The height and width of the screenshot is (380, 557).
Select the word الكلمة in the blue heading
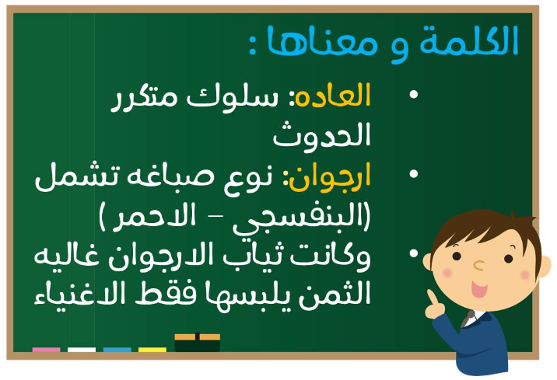tap(469, 40)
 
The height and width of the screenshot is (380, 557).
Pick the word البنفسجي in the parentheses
tap(301, 218)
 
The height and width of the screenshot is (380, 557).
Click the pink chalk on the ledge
tap(46, 350)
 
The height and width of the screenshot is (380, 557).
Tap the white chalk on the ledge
tap(82, 350)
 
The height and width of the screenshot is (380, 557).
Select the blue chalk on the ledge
tap(117, 350)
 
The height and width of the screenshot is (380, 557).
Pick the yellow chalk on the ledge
tap(152, 350)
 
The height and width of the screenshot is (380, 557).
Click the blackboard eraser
tap(197, 343)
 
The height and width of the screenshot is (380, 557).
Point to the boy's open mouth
tap(479, 289)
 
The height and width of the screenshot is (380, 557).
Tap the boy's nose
tap(478, 265)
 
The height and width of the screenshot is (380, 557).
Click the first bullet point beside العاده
tap(414, 94)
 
